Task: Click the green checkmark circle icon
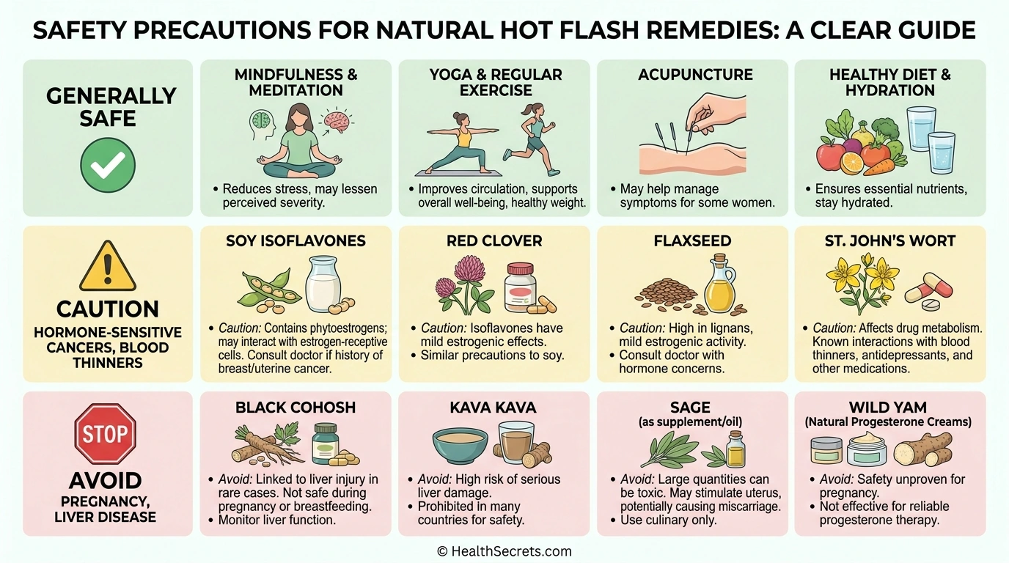(x=108, y=165)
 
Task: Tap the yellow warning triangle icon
(x=108, y=267)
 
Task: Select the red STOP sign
(x=105, y=433)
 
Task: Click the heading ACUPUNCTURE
(x=695, y=75)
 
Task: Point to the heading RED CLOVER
(x=494, y=241)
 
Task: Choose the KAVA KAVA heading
(x=493, y=408)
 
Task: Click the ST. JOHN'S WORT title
(x=890, y=241)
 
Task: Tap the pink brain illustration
(x=336, y=122)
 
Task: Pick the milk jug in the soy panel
(x=323, y=284)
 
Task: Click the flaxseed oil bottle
(x=720, y=284)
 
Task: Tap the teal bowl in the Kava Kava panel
(x=460, y=446)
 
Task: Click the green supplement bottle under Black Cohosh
(x=326, y=444)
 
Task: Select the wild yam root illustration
(x=923, y=449)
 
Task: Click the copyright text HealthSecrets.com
(x=504, y=551)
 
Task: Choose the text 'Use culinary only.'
(x=668, y=520)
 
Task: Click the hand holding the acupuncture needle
(x=716, y=113)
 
